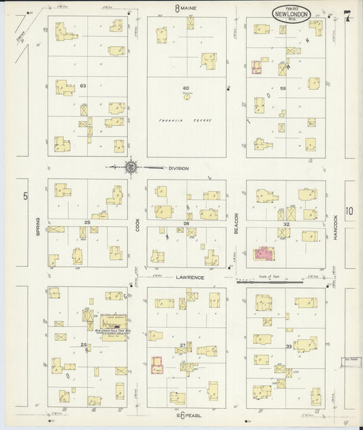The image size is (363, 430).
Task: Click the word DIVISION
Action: [x=178, y=168]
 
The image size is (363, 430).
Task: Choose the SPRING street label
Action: [x=37, y=227]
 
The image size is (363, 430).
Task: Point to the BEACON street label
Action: [x=236, y=227]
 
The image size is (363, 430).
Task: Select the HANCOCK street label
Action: [x=335, y=226]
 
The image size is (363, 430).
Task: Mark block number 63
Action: [x=84, y=86]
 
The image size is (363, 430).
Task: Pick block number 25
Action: [x=87, y=222]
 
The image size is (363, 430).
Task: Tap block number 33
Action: [x=289, y=346]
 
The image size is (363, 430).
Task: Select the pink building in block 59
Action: [x=257, y=67]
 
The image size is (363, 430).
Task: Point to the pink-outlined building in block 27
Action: [x=157, y=365]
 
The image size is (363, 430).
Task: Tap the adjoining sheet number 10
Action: [x=349, y=212]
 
